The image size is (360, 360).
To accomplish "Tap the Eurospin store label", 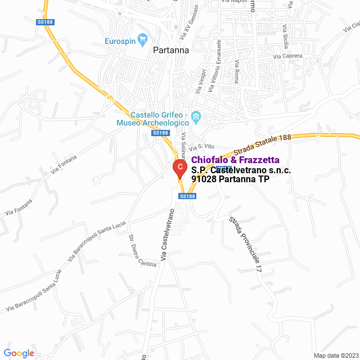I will click(x=120, y=40).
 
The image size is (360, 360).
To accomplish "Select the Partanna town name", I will click(x=171, y=49).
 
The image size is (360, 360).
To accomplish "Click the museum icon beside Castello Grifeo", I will click(x=196, y=118).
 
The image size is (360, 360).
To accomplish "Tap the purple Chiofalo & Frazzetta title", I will click(x=235, y=160).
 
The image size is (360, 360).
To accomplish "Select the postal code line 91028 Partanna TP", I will click(x=230, y=179).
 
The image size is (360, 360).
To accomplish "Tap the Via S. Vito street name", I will click(x=202, y=146).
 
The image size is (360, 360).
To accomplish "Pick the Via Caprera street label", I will click(x=287, y=56).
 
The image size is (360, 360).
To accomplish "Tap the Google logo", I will click(x=20, y=353).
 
